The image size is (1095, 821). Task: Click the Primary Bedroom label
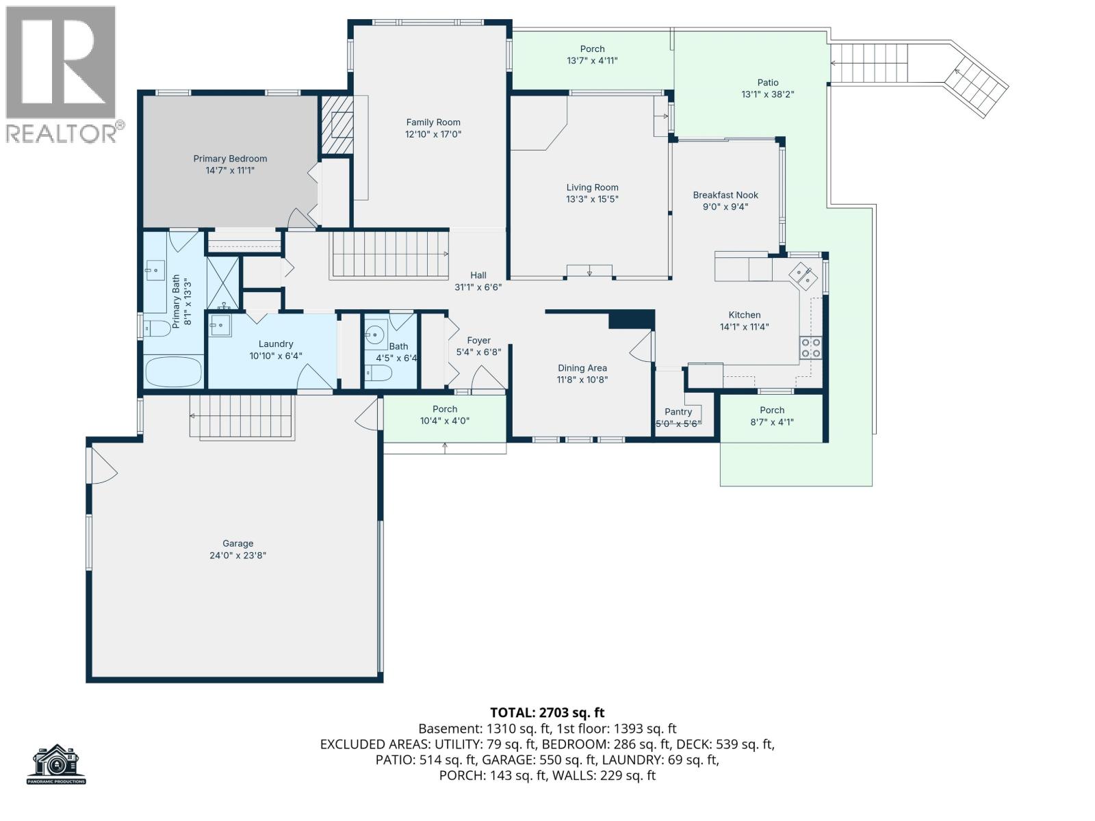coord(230,159)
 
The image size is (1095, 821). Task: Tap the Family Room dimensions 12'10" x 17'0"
coord(433,134)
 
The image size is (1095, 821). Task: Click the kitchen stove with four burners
coord(811,348)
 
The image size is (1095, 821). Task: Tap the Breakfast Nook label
coord(725,195)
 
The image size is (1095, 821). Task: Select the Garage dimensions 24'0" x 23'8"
coord(237,556)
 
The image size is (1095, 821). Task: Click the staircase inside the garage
coord(242,417)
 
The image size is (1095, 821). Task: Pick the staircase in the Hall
coord(388,254)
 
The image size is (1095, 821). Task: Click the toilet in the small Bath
coord(378,374)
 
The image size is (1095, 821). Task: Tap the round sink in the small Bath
coord(374,335)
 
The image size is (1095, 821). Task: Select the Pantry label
coord(678,412)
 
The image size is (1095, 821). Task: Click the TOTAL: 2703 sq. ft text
coord(547,713)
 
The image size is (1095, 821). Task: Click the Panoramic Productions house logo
coord(57,764)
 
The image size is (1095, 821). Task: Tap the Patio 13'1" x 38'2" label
coord(768,89)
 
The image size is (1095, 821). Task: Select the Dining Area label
coord(582,368)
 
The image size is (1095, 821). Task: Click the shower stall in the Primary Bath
coord(224,283)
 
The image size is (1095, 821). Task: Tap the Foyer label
coord(478,341)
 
